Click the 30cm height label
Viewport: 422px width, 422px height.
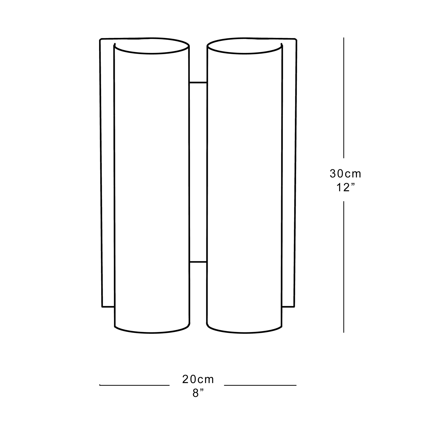tap(345, 174)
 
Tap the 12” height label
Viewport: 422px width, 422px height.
tap(345, 188)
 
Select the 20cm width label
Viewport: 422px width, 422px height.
tap(198, 380)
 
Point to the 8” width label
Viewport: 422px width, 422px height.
tap(198, 393)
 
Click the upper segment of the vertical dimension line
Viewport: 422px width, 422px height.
tap(344, 98)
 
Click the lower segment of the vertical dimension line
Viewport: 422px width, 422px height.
tap(344, 266)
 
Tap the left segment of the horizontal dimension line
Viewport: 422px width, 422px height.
tap(135, 385)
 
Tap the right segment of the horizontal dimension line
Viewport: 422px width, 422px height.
tap(260, 385)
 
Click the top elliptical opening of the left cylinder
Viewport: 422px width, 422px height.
tap(152, 46)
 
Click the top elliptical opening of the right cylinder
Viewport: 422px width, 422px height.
tap(244, 46)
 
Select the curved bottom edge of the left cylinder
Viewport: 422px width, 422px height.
tap(152, 333)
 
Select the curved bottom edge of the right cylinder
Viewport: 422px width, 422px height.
tap(244, 333)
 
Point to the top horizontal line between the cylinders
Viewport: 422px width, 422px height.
tap(198, 83)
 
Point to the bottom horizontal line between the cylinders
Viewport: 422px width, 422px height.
tap(198, 262)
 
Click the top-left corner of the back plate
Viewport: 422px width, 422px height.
tap(100, 40)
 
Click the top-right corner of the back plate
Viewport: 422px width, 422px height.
tap(296, 40)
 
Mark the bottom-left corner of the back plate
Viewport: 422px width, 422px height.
tap(102, 307)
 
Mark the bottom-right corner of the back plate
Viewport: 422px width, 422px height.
tap(294, 307)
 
